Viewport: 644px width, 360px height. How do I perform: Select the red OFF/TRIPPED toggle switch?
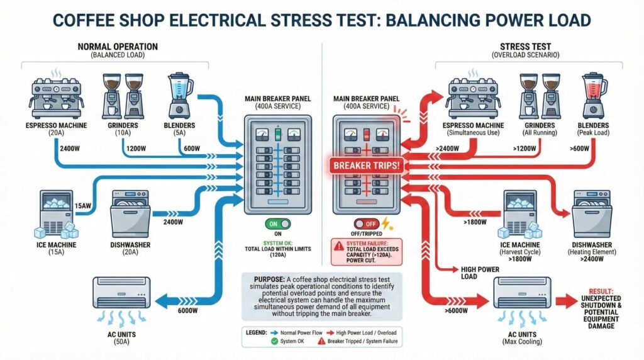pyautogui.click(x=367, y=224)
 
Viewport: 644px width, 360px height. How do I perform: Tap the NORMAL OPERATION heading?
pyautogui.click(x=118, y=47)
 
